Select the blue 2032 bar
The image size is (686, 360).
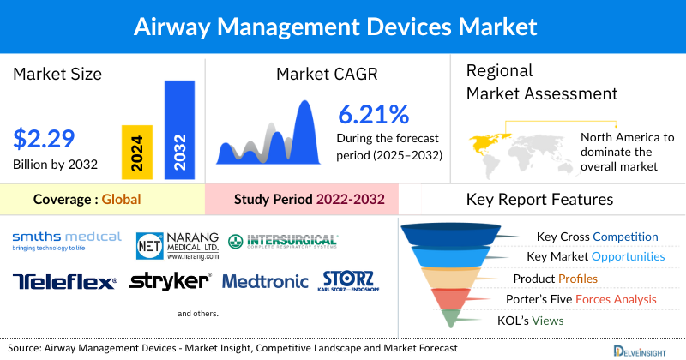(179, 129)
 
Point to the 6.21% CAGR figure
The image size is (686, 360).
(373, 114)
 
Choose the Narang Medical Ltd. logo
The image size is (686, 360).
(178, 245)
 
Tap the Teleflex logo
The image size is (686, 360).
(64, 281)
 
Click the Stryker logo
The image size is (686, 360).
(170, 281)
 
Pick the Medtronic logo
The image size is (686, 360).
(265, 281)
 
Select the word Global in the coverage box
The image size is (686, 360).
(121, 201)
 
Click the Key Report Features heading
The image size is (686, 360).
(539, 200)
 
